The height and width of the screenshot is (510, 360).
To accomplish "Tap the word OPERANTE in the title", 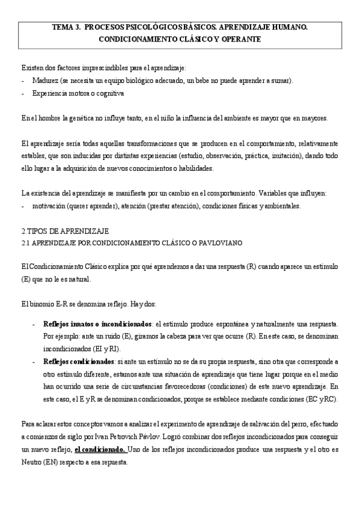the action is pos(240,39).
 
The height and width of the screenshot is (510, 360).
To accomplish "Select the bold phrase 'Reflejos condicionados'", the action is pos(79,361).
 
